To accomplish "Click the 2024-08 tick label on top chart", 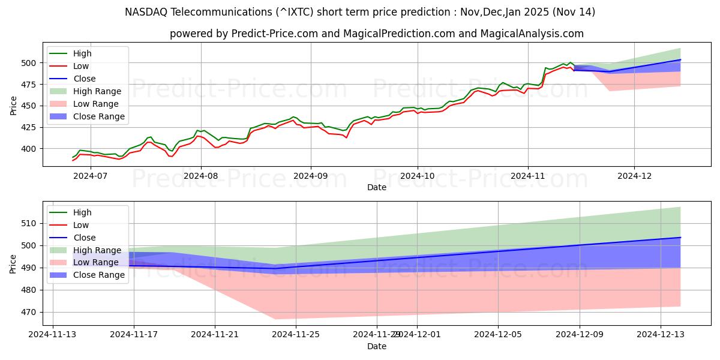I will (x=200, y=175).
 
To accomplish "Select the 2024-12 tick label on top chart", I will (x=634, y=175).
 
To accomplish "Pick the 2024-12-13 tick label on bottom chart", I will (x=660, y=334).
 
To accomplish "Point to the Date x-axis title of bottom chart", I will (x=377, y=346).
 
